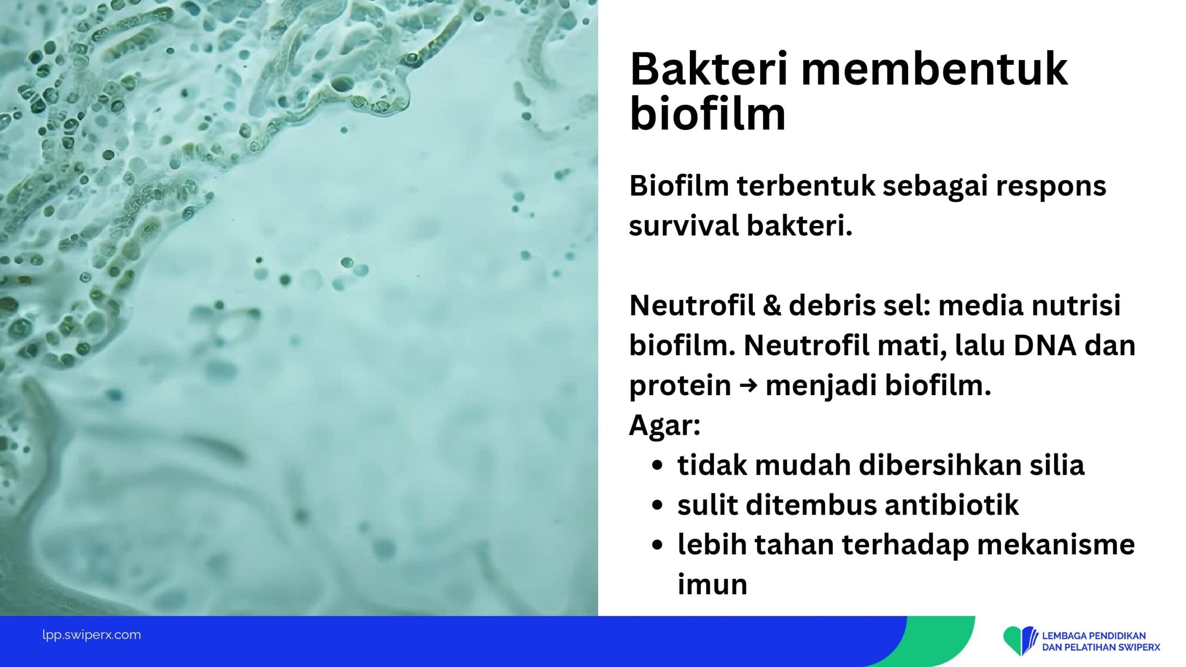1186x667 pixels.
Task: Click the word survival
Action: [681, 226]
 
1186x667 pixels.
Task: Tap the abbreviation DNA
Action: [1044, 346]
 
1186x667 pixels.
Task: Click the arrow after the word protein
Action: [748, 386]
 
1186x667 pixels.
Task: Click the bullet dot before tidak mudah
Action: [657, 466]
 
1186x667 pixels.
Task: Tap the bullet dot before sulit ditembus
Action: [657, 506]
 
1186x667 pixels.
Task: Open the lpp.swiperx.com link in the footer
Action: [91, 635]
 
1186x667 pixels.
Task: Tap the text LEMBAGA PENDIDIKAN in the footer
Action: [1094, 636]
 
